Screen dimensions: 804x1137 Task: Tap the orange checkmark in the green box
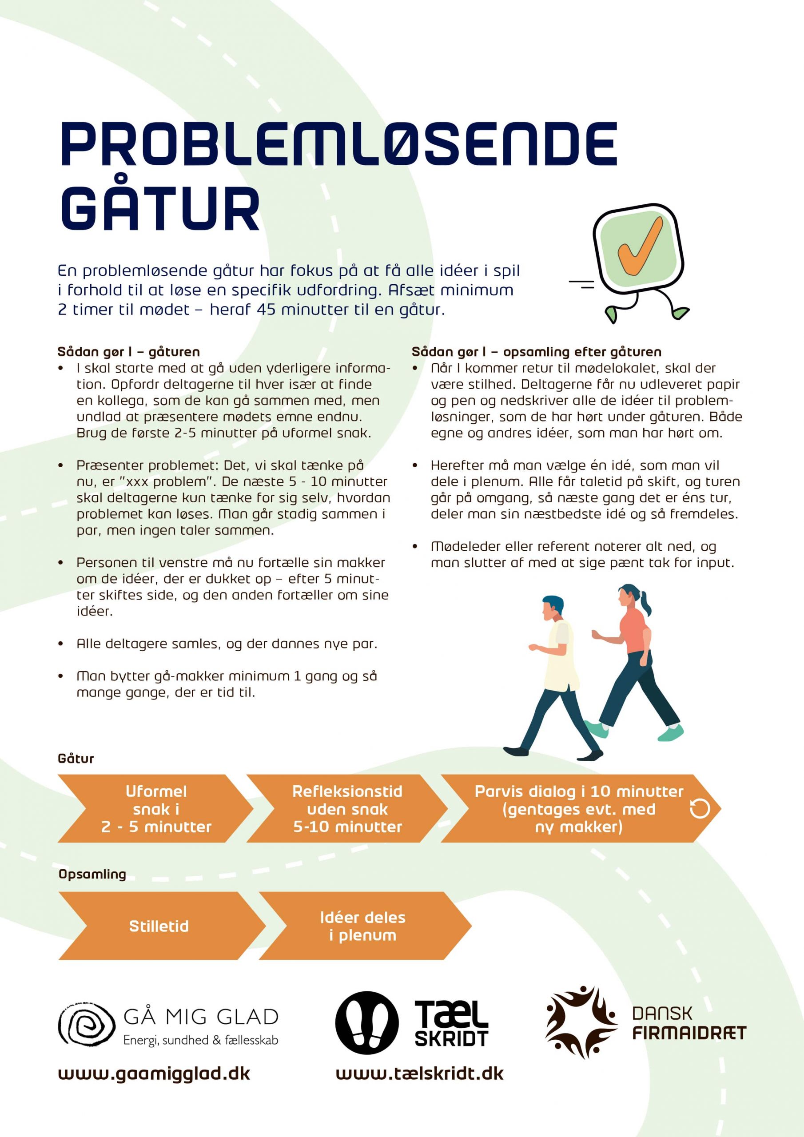pyautogui.click(x=640, y=246)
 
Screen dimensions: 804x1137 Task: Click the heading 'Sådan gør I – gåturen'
pyautogui.click(x=129, y=352)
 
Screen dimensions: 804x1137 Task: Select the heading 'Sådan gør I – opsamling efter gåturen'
pyautogui.click(x=537, y=352)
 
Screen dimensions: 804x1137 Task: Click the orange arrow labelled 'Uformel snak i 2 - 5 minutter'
pyautogui.click(x=155, y=809)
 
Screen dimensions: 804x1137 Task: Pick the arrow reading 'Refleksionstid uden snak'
pyautogui.click(x=347, y=809)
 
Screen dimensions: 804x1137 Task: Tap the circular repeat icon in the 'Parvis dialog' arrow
pyautogui.click(x=700, y=809)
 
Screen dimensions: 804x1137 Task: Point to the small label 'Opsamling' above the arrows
pyautogui.click(x=92, y=874)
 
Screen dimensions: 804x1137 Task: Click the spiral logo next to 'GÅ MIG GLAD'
pyautogui.click(x=87, y=1025)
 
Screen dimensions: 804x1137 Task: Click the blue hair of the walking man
pyautogui.click(x=554, y=604)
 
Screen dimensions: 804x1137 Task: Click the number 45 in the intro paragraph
pyautogui.click(x=266, y=310)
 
